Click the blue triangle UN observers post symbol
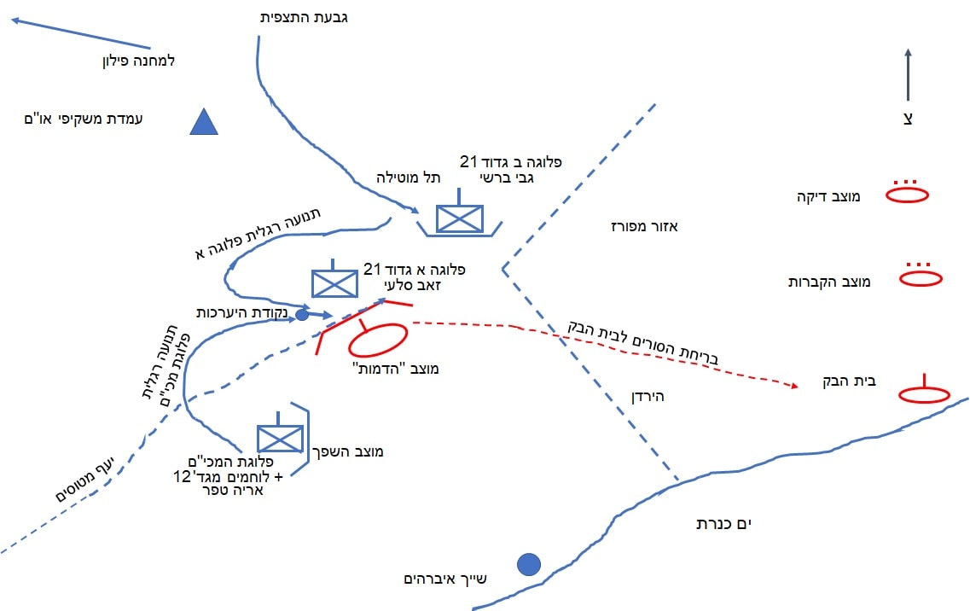click(203, 124)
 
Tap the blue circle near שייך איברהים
click(530, 564)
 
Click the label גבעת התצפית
click(305, 17)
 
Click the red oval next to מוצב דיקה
click(907, 195)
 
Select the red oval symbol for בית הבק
click(925, 394)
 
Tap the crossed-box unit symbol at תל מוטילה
click(459, 219)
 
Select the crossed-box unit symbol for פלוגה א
click(334, 283)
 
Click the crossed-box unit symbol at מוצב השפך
click(280, 439)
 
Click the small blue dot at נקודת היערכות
click(301, 316)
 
